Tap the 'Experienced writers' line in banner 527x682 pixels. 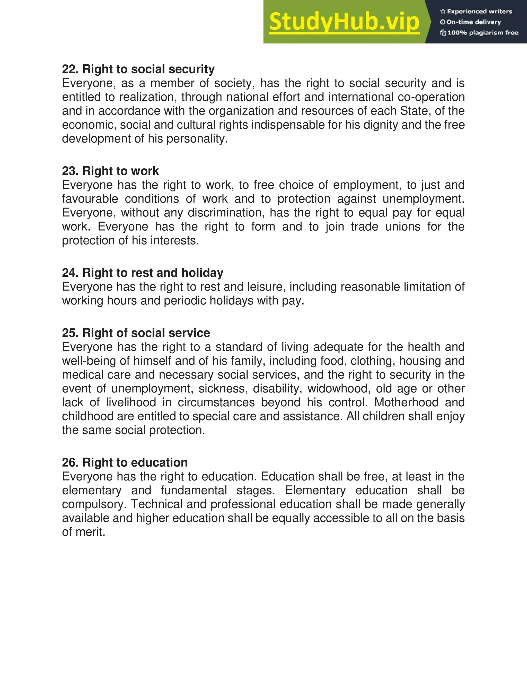pyautogui.click(x=476, y=12)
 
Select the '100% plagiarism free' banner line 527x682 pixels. pyautogui.click(x=479, y=33)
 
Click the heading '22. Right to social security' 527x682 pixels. pyautogui.click(x=138, y=69)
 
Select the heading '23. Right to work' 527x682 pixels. pyautogui.click(x=110, y=171)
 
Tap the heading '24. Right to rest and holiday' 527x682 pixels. pyautogui.click(x=143, y=273)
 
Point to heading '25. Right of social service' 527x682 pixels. pyautogui.click(x=136, y=333)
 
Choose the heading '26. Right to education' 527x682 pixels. pyautogui.click(x=125, y=462)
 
